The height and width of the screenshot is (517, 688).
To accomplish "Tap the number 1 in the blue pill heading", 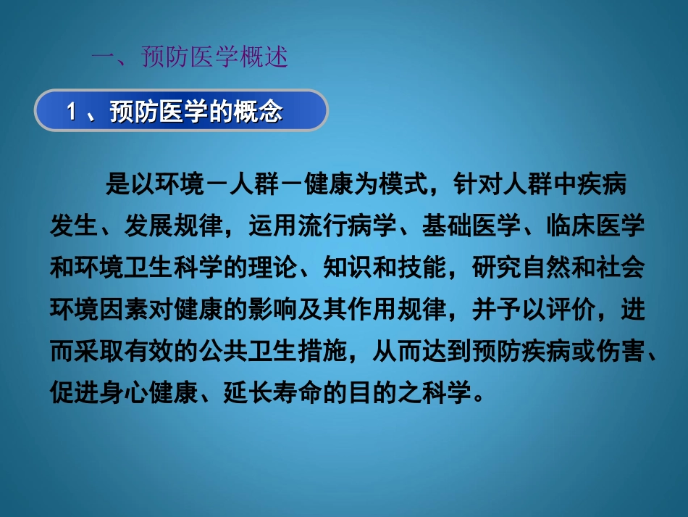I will coord(72,112).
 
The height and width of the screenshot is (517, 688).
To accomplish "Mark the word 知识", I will coord(345,268).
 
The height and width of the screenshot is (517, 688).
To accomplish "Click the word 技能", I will coord(420,268).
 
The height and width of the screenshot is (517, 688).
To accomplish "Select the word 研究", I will coord(494,268).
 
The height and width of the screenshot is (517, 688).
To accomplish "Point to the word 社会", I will coord(618,268).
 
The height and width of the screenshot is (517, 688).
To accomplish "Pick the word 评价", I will coord(569,310).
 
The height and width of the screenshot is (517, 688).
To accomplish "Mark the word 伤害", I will coord(618,352).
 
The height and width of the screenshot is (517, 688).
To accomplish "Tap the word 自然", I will coord(543,268).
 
